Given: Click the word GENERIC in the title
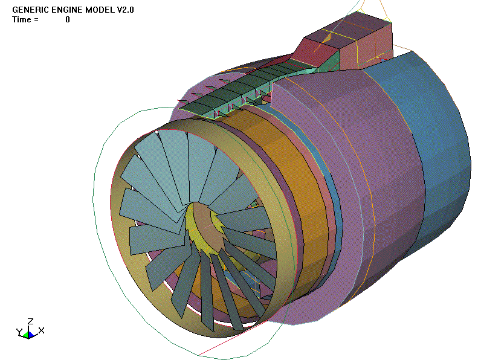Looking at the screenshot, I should tap(29, 10).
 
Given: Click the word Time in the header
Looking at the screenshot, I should tap(21, 19).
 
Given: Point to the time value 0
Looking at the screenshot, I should tap(68, 19).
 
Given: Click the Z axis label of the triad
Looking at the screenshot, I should tap(30, 321).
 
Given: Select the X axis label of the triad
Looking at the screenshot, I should tap(41, 330).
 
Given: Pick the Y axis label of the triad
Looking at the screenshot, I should tap(19, 332).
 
